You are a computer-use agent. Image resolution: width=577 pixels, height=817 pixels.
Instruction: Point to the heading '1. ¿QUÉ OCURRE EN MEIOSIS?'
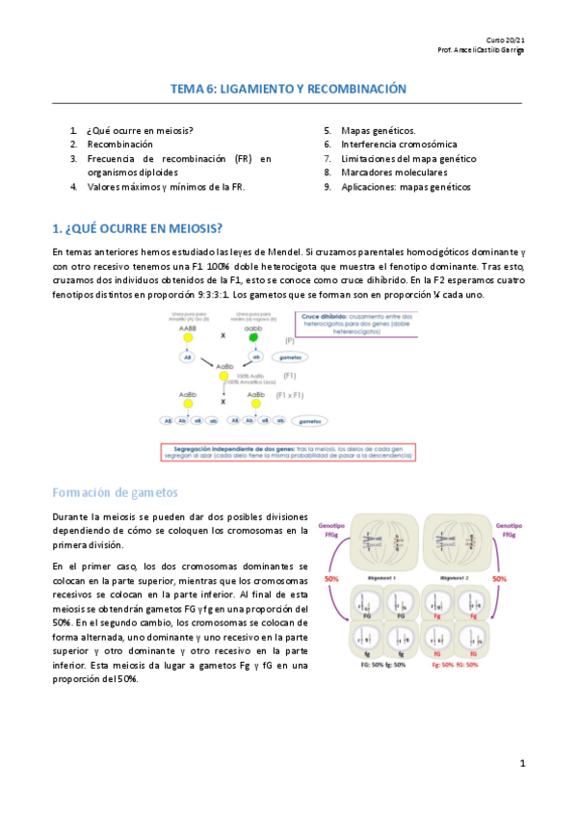coord(138,228)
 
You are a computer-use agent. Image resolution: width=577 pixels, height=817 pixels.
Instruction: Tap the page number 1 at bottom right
coord(522,764)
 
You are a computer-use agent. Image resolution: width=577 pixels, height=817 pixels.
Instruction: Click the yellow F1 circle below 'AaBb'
coord(223,378)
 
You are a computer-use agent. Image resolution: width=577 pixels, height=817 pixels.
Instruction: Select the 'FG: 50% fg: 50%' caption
coord(383,665)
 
